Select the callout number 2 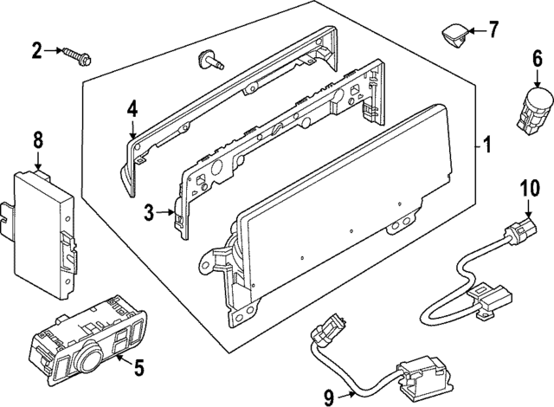37,51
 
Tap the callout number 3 149,212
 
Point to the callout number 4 132,109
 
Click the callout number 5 138,368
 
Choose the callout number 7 493,31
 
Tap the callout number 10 528,188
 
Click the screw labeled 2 77,55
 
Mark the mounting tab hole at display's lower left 209,259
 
